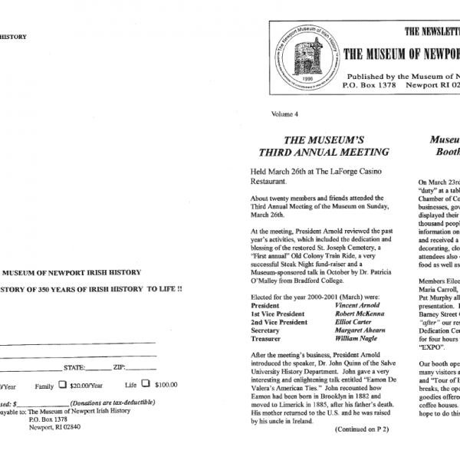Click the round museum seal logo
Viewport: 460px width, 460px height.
(x=304, y=59)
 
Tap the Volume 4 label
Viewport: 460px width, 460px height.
(x=284, y=114)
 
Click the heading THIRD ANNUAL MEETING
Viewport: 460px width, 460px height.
(x=323, y=152)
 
